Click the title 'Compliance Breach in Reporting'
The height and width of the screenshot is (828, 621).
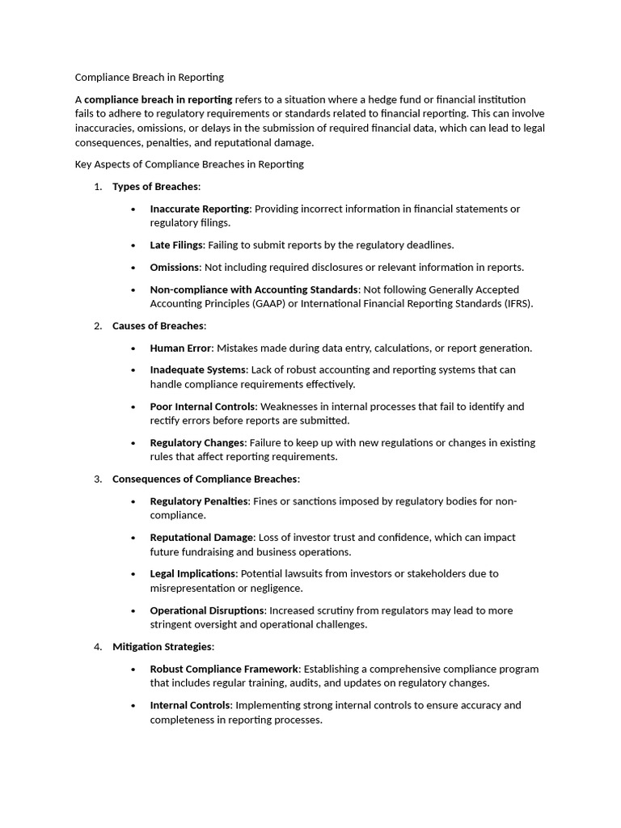(x=149, y=78)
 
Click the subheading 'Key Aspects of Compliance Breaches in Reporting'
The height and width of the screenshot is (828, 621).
(x=189, y=164)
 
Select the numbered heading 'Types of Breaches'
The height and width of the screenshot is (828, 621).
(x=155, y=187)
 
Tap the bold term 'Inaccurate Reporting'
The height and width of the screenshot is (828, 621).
(x=200, y=209)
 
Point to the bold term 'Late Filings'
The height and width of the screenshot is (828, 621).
(x=176, y=245)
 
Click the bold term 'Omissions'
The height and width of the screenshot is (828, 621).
(x=175, y=267)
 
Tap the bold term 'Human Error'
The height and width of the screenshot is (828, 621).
(x=180, y=349)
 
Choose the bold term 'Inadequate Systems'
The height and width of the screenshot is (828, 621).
(x=198, y=370)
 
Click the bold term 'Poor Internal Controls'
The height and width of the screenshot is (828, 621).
(x=203, y=407)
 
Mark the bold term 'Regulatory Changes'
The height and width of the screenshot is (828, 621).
(x=197, y=443)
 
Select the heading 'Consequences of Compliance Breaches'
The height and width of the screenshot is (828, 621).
(x=205, y=479)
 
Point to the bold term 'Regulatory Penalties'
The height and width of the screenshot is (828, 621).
(x=200, y=501)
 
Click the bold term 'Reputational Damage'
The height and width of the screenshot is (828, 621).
(x=201, y=538)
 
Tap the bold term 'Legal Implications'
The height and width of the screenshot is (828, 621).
(x=193, y=574)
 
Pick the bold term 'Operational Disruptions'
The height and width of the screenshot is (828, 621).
(x=207, y=610)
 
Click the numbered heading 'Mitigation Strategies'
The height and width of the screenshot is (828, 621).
(x=162, y=647)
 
